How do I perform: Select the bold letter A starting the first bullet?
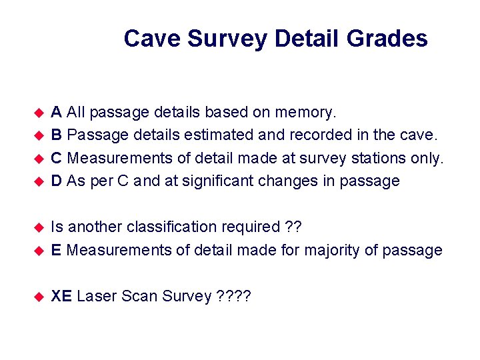pos(57,111)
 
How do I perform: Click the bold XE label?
pos(61,297)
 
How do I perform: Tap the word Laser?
pos(97,297)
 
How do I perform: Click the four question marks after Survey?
pos(234,297)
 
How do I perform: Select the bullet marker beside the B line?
pos(39,135)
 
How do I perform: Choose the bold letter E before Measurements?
pos(57,251)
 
